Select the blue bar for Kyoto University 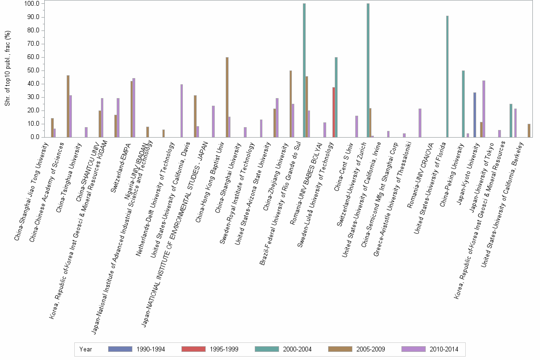(x=475, y=115)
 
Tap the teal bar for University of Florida (x=447, y=76)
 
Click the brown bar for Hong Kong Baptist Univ (x=227, y=97)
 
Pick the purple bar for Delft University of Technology (x=182, y=110)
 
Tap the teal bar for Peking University (x=463, y=104)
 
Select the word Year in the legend (x=86, y=349)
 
